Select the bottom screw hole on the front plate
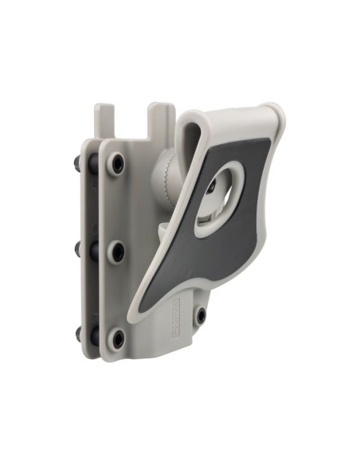click(x=115, y=338)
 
